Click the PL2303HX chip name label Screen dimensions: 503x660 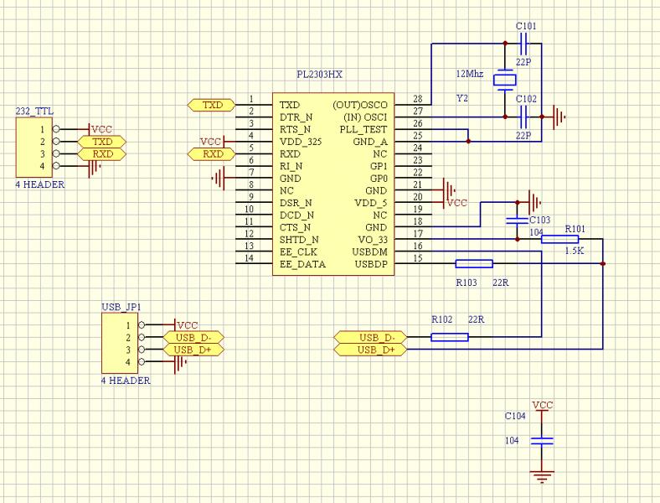pyautogui.click(x=319, y=75)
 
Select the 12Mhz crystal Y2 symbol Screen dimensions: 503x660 pyautogui.click(x=504, y=81)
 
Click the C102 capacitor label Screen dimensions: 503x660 pyautogui.click(x=526, y=99)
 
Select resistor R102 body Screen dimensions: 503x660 pyautogui.click(x=449, y=337)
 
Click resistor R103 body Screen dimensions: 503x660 pyautogui.click(x=473, y=264)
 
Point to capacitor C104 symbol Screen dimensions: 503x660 pyautogui.click(x=543, y=440)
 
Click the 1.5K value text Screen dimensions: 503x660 pyautogui.click(x=574, y=251)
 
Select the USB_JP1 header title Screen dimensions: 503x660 pyautogui.click(x=121, y=308)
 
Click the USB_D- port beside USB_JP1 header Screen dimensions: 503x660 pyautogui.click(x=193, y=337)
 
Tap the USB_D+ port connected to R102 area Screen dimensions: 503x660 pyautogui.click(x=369, y=349)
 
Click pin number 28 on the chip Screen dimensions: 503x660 pyautogui.click(x=417, y=101)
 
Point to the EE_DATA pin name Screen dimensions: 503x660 pyautogui.click(x=302, y=264)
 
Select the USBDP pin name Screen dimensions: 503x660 pyautogui.click(x=370, y=264)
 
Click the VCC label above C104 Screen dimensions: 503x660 pyautogui.click(x=543, y=405)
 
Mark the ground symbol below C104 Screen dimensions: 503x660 pyautogui.click(x=543, y=477)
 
